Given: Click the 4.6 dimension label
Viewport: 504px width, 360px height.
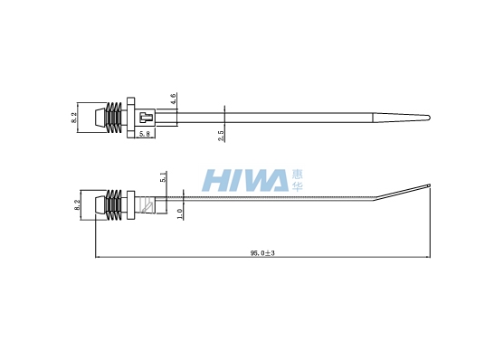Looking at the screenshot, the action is click(x=173, y=99).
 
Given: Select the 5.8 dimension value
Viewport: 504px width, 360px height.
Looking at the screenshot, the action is click(x=144, y=134).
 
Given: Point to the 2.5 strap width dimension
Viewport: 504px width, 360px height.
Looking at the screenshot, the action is click(x=221, y=136).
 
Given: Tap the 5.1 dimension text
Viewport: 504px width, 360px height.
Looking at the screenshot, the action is click(x=163, y=177).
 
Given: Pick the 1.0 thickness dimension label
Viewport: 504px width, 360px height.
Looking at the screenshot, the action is click(x=179, y=213).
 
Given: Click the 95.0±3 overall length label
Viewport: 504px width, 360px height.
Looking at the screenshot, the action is click(x=262, y=253).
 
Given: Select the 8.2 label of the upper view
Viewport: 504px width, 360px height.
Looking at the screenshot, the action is click(x=74, y=118).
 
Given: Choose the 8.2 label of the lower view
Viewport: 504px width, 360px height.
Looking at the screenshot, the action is click(x=77, y=205).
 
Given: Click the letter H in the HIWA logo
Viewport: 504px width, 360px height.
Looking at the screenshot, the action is click(x=215, y=180).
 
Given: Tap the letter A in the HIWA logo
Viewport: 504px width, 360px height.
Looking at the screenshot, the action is click(x=275, y=180).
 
